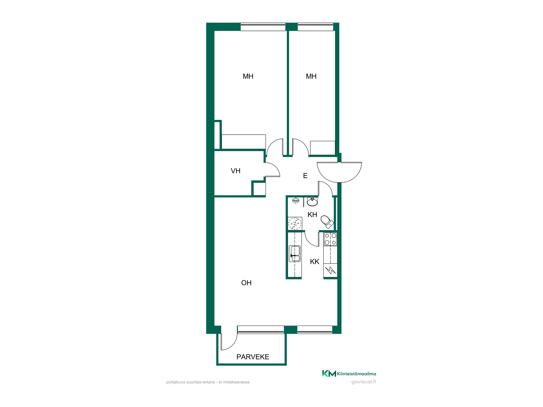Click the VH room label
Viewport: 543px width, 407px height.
point(235,171)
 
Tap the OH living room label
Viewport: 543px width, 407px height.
point(246,283)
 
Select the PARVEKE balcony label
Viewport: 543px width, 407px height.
point(253,357)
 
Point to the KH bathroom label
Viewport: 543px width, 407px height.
point(312,215)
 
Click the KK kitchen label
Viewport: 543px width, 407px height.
point(314,262)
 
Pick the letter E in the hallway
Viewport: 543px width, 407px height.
point(305,176)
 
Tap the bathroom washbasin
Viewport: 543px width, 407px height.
point(312,202)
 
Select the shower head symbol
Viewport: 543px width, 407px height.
point(296,201)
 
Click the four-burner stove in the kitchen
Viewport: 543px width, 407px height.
point(330,239)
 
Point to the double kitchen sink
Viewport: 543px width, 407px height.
point(295,254)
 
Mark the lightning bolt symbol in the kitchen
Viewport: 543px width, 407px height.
point(330,270)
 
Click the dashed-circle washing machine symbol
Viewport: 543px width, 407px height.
point(295,224)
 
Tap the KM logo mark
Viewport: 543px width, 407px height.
point(329,374)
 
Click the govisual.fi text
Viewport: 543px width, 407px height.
point(364,382)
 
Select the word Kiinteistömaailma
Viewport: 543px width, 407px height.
point(356,374)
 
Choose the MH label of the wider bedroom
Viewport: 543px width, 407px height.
point(248,77)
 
